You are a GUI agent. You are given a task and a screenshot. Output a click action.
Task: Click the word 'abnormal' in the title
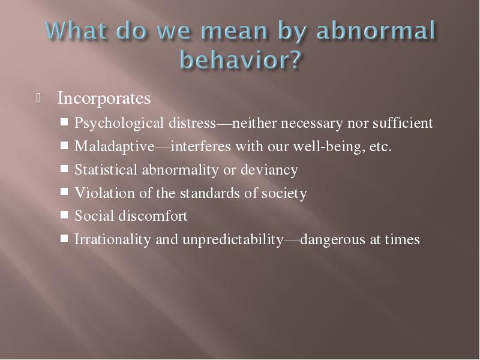coord(376,31)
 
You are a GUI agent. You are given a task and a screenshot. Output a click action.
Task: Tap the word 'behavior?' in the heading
coord(241,59)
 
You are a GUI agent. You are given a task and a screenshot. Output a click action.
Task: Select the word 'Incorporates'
coord(104,98)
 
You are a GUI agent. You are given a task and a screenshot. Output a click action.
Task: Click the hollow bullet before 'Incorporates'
coord(38,98)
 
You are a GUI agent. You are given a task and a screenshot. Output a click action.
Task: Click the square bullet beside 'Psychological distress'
coord(64,122)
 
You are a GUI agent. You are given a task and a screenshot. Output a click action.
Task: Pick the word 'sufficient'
coord(403,123)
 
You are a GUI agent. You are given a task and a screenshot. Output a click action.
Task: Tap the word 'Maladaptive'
coord(115,146)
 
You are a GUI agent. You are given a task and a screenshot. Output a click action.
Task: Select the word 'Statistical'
coord(106,170)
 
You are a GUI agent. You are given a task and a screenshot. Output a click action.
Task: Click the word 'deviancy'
coord(269,170)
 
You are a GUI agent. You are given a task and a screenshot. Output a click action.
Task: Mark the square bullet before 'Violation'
coord(64,192)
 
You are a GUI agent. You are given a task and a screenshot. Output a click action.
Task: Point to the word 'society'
coord(284,193)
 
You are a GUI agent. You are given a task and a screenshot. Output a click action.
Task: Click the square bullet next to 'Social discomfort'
coord(64,215)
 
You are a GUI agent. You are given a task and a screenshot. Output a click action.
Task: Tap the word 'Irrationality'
coord(113,239)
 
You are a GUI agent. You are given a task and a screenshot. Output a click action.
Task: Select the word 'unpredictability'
coord(233,239)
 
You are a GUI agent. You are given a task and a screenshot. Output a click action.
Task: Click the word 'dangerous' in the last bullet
coord(333,239)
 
